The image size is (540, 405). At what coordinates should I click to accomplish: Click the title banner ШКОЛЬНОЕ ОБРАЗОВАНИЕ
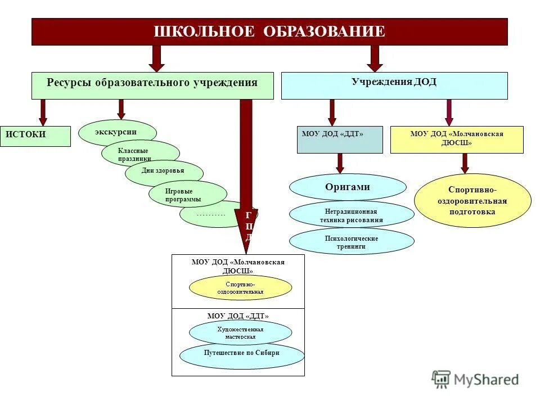tap(269, 31)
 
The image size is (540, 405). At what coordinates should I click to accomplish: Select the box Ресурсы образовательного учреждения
tap(152, 85)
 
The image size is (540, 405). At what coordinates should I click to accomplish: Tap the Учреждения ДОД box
tap(394, 85)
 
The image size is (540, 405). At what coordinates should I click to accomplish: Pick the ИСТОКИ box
tap(35, 136)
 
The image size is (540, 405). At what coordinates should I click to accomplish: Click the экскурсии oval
tap(116, 132)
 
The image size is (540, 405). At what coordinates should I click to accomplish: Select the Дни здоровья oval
tap(164, 172)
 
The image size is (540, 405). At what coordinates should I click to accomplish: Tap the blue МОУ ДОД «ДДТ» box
tap(339, 139)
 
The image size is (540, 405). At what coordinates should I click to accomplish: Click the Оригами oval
tap(347, 187)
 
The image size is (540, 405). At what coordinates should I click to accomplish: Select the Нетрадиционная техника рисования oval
tap(351, 214)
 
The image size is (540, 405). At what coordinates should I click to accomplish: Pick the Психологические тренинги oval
tap(351, 241)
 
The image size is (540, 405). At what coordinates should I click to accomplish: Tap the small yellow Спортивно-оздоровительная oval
tap(240, 288)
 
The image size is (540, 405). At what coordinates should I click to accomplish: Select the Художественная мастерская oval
tap(240, 332)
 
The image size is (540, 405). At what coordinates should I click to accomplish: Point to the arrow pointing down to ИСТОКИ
tap(43, 112)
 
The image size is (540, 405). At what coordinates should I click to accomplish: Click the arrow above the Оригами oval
tap(340, 163)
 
